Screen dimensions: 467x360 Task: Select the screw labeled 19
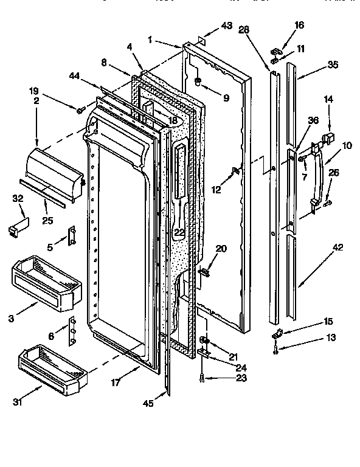[x=80, y=109]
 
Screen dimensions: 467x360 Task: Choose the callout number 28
[x=245, y=29]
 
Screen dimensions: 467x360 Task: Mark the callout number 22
[x=179, y=232]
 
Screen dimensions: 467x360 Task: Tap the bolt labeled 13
[x=277, y=348]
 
